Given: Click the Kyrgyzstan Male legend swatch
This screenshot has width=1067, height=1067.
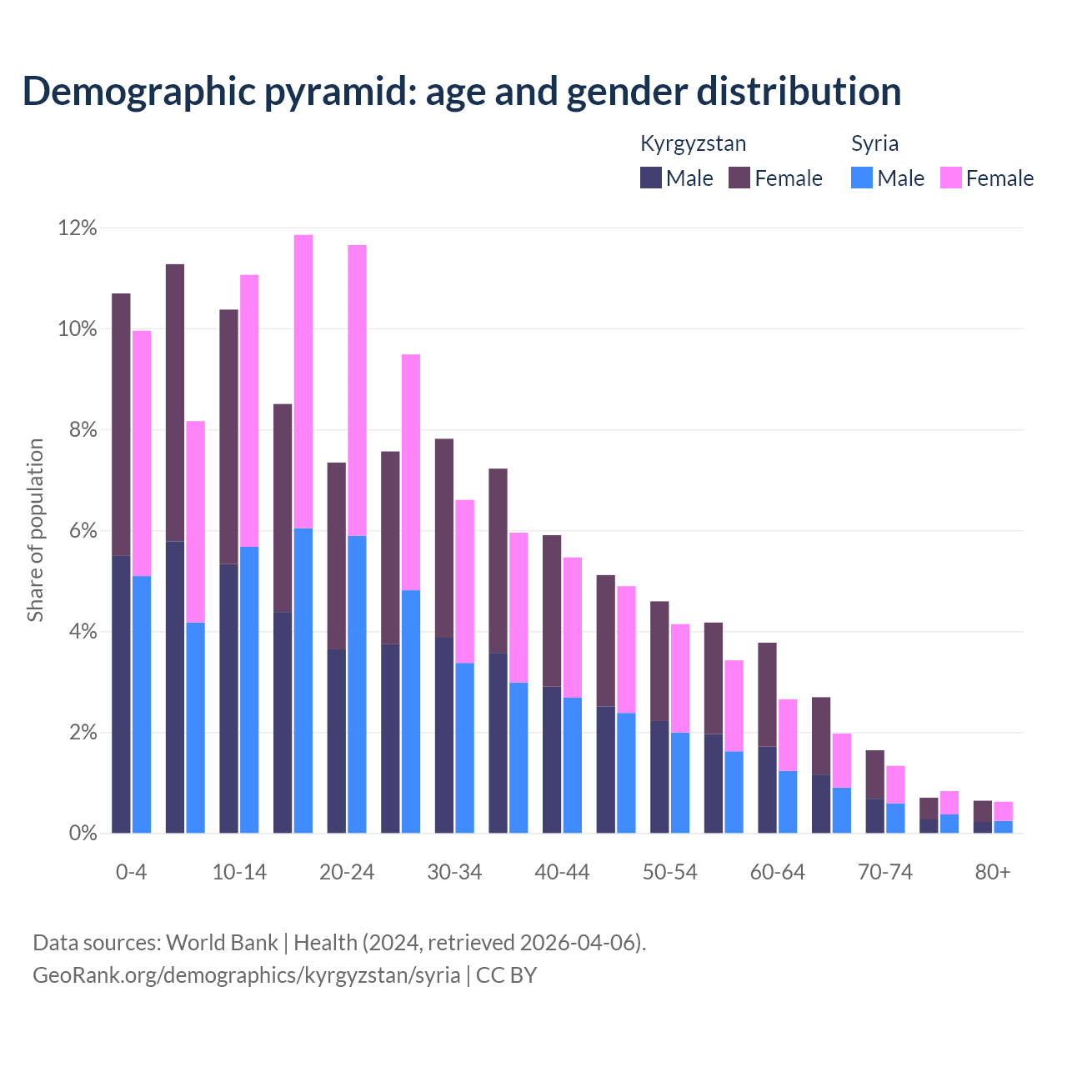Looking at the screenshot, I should (x=651, y=178).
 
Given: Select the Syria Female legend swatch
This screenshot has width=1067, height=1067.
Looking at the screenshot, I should (x=950, y=178).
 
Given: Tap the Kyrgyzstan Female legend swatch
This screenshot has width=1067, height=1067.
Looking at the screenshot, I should (x=739, y=178).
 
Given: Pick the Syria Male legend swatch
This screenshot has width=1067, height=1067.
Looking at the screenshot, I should (x=862, y=178).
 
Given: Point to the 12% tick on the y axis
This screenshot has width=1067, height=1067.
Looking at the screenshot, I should (x=78, y=228).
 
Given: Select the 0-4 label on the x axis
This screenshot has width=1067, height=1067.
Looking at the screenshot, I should (x=131, y=872).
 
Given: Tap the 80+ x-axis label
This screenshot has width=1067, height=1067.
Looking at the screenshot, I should (x=992, y=872).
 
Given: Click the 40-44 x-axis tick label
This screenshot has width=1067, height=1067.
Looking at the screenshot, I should (x=562, y=872).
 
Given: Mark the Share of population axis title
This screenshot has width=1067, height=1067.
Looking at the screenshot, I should (x=35, y=530).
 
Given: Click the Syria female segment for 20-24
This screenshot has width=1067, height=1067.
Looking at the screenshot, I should (x=357, y=390).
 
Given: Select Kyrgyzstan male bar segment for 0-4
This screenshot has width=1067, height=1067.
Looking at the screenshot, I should (x=121, y=694).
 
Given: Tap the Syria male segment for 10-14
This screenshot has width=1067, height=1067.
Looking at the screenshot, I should (x=249, y=689).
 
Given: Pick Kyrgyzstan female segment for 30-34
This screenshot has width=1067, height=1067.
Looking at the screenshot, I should (x=444, y=538).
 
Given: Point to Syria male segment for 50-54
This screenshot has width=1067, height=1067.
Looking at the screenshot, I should (x=680, y=783).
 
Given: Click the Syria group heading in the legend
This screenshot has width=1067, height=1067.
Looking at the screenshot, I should (x=874, y=143).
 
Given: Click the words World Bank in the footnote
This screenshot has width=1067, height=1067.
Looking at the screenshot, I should (x=222, y=943).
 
